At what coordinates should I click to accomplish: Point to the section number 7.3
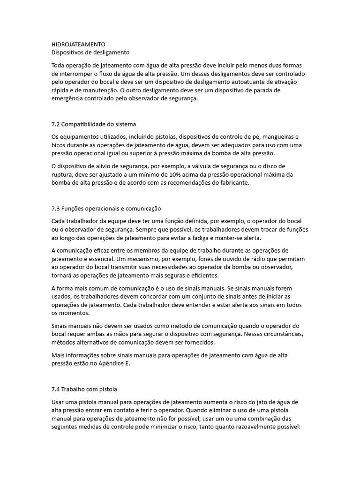56,208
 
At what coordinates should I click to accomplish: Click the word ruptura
64,175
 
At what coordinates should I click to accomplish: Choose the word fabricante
234,183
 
